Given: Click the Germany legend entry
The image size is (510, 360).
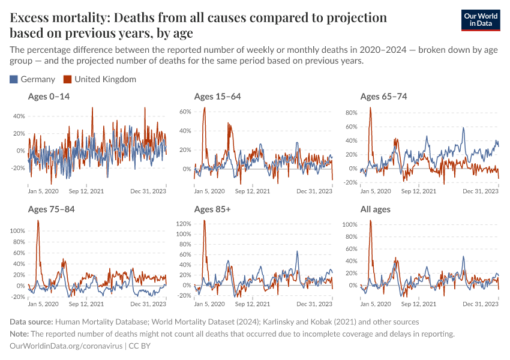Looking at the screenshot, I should pyautogui.click(x=33, y=79).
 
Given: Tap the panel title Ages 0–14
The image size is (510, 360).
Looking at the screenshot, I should pyautogui.click(x=49, y=96).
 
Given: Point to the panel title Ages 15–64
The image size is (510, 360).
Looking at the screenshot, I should pyautogui.click(x=218, y=96).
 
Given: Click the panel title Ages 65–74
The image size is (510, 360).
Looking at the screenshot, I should pyautogui.click(x=383, y=96).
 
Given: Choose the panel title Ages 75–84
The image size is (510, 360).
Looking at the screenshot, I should pyautogui.click(x=52, y=209).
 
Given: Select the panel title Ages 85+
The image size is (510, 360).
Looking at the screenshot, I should pyautogui.click(x=213, y=209).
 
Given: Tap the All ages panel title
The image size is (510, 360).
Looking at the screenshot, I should pyautogui.click(x=376, y=209).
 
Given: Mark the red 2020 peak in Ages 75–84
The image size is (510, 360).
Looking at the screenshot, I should pyautogui.click(x=38, y=221).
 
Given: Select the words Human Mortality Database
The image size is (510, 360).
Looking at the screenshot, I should pyautogui.click(x=107, y=322).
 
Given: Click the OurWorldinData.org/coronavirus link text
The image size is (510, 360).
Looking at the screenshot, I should pyautogui.click(x=66, y=346).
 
